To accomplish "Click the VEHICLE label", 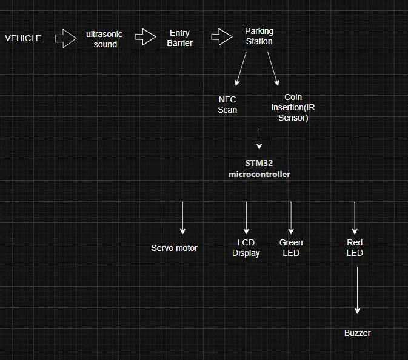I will tap(23, 38).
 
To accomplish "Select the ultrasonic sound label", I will tap(104, 39).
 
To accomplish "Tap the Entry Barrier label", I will tap(179, 38).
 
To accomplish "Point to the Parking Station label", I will tap(259, 36).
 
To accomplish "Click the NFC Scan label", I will tap(227, 104).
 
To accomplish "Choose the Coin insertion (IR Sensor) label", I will tap(293, 107).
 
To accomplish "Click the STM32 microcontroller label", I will tap(259, 168).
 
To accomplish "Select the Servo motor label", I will tap(174, 248).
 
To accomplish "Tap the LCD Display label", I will tap(246, 248).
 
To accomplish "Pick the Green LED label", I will tap(291, 248).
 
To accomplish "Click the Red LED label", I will tap(355, 248).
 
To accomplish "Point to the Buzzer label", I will tap(357, 333).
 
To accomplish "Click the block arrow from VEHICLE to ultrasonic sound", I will tap(65, 38).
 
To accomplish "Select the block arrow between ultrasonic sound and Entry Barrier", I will tap(145, 38).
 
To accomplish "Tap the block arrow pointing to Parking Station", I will tap(222, 37).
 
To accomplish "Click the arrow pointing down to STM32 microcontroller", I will tap(259, 139).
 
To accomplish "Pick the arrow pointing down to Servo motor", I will tap(182, 218).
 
